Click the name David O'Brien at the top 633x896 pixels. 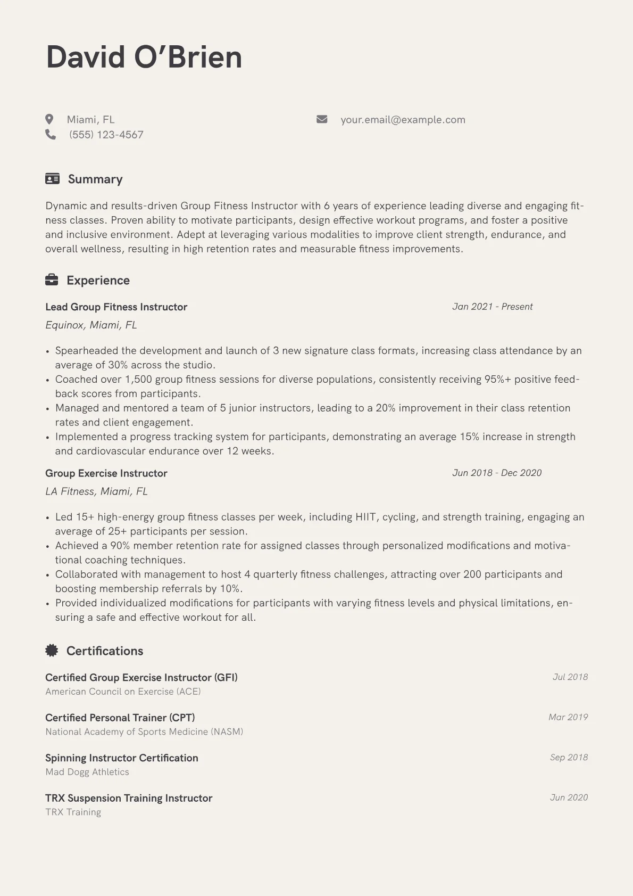click(x=144, y=57)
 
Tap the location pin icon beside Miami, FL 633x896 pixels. click(x=49, y=119)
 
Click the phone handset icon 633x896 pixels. click(x=51, y=135)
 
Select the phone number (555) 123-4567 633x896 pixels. click(x=106, y=135)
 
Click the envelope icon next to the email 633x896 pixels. click(x=322, y=119)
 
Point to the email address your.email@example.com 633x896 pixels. click(x=403, y=120)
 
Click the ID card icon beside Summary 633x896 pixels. click(x=52, y=179)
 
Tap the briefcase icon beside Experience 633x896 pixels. click(x=52, y=280)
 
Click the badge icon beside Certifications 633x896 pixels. click(x=52, y=650)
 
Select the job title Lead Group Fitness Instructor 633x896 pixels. click(x=116, y=307)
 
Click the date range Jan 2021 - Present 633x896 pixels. click(x=492, y=307)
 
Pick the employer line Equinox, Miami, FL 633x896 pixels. click(x=91, y=325)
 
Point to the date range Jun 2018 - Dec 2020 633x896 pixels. click(x=496, y=473)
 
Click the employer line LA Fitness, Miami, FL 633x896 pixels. click(x=96, y=491)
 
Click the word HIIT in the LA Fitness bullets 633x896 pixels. click(x=365, y=517)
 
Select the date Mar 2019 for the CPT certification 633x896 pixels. click(x=568, y=717)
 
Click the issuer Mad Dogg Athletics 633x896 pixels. click(x=87, y=772)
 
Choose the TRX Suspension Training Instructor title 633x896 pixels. click(x=129, y=798)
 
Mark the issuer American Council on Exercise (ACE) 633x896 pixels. click(x=123, y=692)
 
